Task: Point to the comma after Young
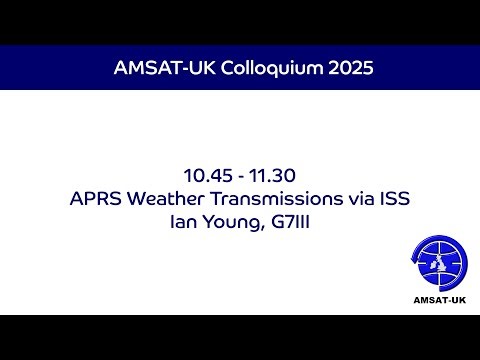click(x=263, y=228)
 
